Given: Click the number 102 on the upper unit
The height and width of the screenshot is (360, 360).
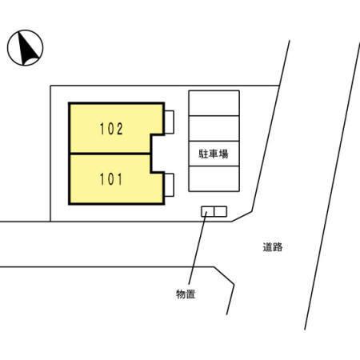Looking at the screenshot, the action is point(111,129).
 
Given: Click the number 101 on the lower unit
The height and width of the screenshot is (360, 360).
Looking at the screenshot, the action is point(110,179).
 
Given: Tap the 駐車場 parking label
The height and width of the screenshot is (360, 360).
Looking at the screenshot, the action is point(214,154).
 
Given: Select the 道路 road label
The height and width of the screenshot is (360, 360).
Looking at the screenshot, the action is point(273,247).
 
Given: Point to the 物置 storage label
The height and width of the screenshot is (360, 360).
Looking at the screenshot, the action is point(186,294).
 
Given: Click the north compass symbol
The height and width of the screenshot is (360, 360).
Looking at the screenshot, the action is point(25,48).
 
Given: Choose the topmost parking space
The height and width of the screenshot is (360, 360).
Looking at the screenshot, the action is point(214,103).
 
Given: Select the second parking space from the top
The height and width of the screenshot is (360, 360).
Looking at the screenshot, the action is point(214,128).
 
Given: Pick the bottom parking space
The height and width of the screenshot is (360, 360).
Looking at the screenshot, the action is point(214,178).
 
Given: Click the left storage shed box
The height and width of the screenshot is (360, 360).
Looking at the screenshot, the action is point(208,211).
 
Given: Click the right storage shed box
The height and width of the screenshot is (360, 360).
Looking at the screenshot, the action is point(221,211).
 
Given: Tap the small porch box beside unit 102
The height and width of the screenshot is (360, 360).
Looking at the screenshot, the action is point(170,122).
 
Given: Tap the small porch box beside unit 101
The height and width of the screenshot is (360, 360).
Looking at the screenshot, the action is point(170,185).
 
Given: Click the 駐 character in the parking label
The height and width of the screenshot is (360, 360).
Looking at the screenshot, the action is point(203,154).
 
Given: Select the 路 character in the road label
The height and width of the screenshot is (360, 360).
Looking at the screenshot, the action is point(278,247).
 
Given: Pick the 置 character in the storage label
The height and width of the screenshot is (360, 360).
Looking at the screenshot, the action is point(190,294).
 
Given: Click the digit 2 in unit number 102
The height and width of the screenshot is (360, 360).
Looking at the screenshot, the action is point(119,129).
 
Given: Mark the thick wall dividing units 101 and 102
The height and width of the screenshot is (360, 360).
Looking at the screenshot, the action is point(110,154).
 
